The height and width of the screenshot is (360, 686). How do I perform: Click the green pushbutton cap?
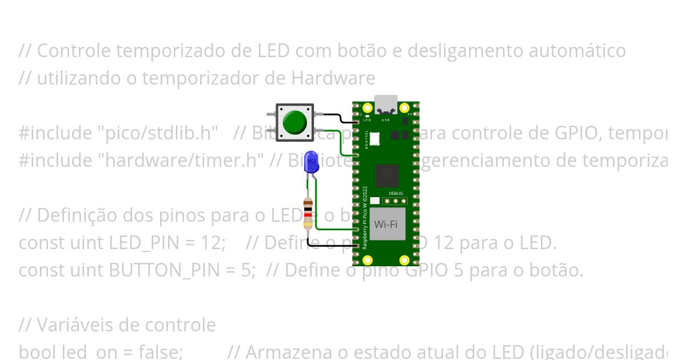pos(294,122)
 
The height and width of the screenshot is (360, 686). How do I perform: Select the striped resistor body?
pos(309,213)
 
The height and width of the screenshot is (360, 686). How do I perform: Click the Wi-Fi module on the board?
pos(385,224)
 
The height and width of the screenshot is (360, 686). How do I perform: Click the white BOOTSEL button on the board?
pos(374,138)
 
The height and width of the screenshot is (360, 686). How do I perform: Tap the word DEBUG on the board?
pos(396,194)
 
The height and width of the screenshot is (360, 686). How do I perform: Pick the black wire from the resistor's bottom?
pos(332,246)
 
